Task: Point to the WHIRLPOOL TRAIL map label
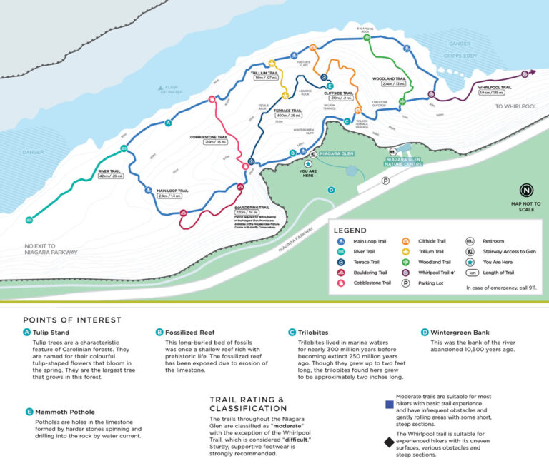coord(495,89)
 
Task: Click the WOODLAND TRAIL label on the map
coord(389,81)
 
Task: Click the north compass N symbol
coord(526,191)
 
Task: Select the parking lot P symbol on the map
coord(385,181)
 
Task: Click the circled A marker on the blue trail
coord(169,123)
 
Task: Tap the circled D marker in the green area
coord(330,190)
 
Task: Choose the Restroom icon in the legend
coord(470,241)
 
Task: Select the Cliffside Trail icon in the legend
coord(405,241)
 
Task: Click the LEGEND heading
coord(350,231)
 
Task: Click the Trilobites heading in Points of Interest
coord(316,331)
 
